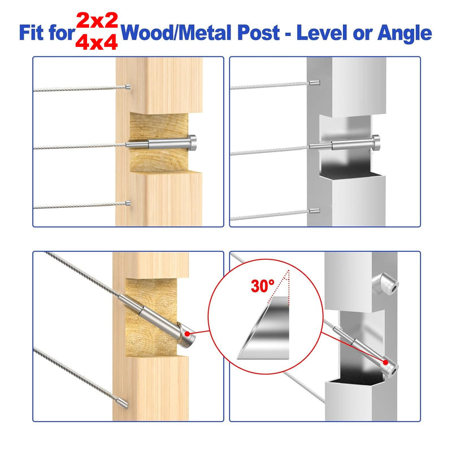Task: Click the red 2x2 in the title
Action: (97, 21)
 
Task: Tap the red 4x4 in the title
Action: (97, 42)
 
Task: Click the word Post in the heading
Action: (259, 33)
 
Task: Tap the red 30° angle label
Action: (262, 286)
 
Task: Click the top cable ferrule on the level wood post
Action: (128, 87)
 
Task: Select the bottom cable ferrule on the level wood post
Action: (128, 203)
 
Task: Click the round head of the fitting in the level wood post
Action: (193, 143)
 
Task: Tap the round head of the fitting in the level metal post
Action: (376, 142)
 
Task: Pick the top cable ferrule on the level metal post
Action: (314, 83)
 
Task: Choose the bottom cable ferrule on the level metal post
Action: (314, 211)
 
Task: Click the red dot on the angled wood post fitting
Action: (188, 334)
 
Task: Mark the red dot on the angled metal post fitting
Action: (385, 362)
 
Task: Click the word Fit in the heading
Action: (32, 33)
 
